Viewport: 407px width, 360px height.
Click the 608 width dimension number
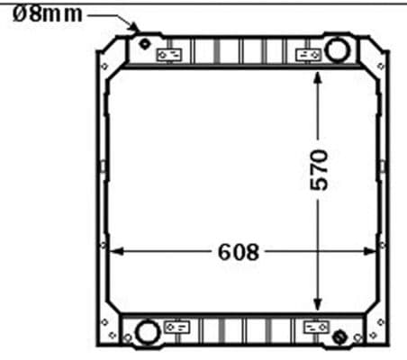pyautogui.click(x=238, y=252)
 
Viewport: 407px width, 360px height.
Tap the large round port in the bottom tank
pyautogui.click(x=144, y=334)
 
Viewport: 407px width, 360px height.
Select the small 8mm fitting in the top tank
pyautogui.click(x=145, y=43)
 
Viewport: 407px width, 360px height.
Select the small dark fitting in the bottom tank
pyautogui.click(x=339, y=337)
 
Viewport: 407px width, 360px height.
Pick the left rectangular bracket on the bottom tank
pyautogui.click(x=176, y=327)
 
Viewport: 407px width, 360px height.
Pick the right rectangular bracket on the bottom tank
pyautogui.click(x=316, y=327)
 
